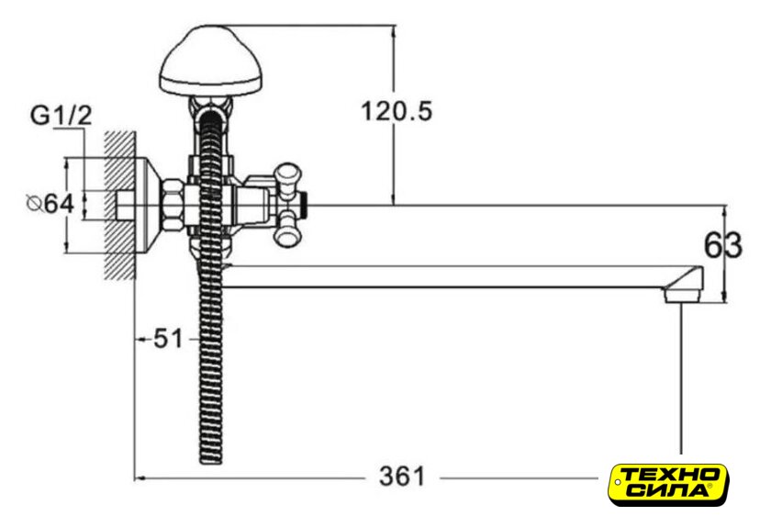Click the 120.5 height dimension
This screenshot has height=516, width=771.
pyautogui.click(x=397, y=111)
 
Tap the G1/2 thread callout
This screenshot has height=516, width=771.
pyautogui.click(x=61, y=116)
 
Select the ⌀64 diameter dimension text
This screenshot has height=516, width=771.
pyautogui.click(x=50, y=204)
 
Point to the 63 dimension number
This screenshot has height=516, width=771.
pyautogui.click(x=723, y=245)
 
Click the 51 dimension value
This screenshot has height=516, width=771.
pyautogui.click(x=168, y=339)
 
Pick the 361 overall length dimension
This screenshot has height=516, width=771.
pyautogui.click(x=402, y=477)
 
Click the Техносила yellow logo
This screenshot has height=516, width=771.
pyautogui.click(x=668, y=485)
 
